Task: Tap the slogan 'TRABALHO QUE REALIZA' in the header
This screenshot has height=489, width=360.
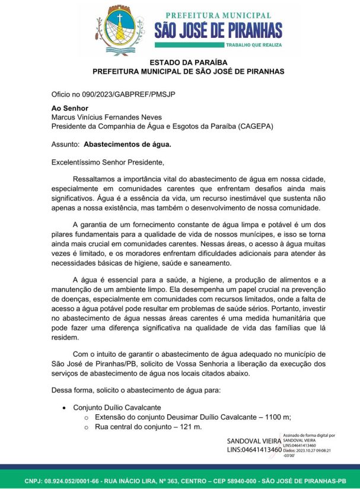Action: pyautogui.click(x=253, y=45)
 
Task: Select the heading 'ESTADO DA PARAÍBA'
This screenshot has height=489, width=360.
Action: pyautogui.click(x=180, y=62)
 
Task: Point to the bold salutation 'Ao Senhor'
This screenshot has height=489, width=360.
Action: pyautogui.click(x=69, y=108)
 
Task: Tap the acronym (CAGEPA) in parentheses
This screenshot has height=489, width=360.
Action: pyautogui.click(x=251, y=126)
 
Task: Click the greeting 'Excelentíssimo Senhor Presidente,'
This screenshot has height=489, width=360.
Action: pyautogui.click(x=107, y=161)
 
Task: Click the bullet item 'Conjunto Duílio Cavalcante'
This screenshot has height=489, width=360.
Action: pyautogui.click(x=117, y=408)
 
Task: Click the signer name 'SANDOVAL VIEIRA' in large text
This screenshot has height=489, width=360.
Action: pyautogui.click(x=254, y=441)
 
